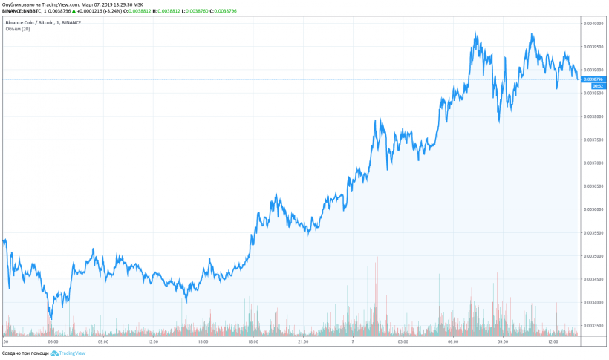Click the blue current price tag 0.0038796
594,79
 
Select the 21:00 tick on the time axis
303,342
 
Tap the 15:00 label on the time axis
202,342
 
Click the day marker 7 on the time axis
354,342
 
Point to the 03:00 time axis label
403,342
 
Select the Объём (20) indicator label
16,30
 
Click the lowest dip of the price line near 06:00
51,318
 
